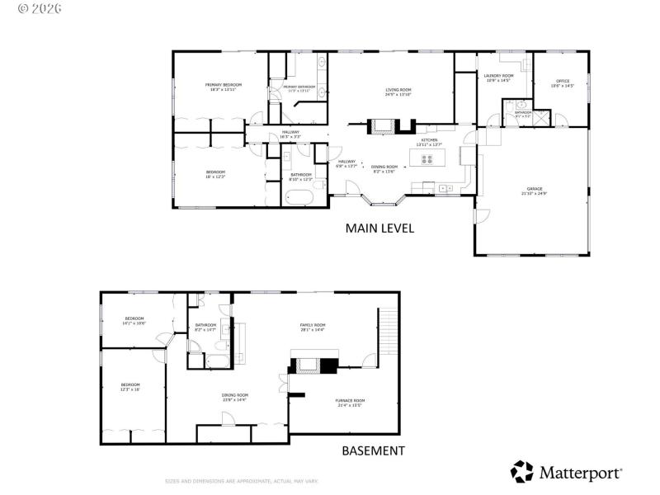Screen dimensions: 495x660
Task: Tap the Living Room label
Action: (x=398, y=92)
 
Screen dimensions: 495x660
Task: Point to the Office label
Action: (x=562, y=82)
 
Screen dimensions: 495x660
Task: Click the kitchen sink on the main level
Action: (x=445, y=188)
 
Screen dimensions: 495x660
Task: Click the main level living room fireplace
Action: (x=382, y=126)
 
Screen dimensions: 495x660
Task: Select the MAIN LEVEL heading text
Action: (x=379, y=228)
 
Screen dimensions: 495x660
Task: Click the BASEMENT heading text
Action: (x=374, y=450)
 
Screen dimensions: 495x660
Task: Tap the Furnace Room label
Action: (x=350, y=403)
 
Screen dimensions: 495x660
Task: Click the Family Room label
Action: (x=312, y=327)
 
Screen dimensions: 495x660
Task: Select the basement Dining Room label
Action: (x=234, y=397)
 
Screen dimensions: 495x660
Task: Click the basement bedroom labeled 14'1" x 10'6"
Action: (x=134, y=320)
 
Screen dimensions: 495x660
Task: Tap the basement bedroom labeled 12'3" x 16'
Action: (x=130, y=386)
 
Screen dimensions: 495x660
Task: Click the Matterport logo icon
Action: (x=522, y=473)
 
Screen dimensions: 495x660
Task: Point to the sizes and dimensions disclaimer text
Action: (x=241, y=481)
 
